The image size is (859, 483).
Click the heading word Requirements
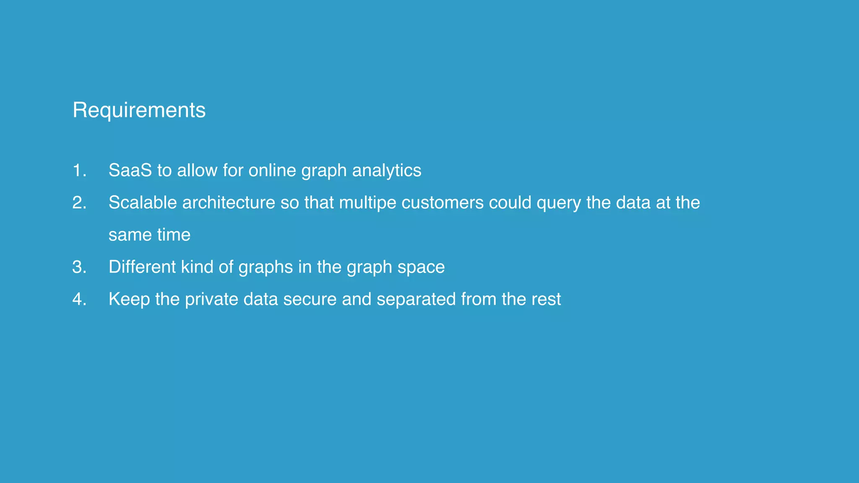139,110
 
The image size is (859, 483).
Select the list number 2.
79,203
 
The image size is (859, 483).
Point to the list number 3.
79,267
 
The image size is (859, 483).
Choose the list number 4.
79,299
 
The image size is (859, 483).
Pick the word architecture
229,203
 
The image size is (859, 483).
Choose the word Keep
129,299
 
